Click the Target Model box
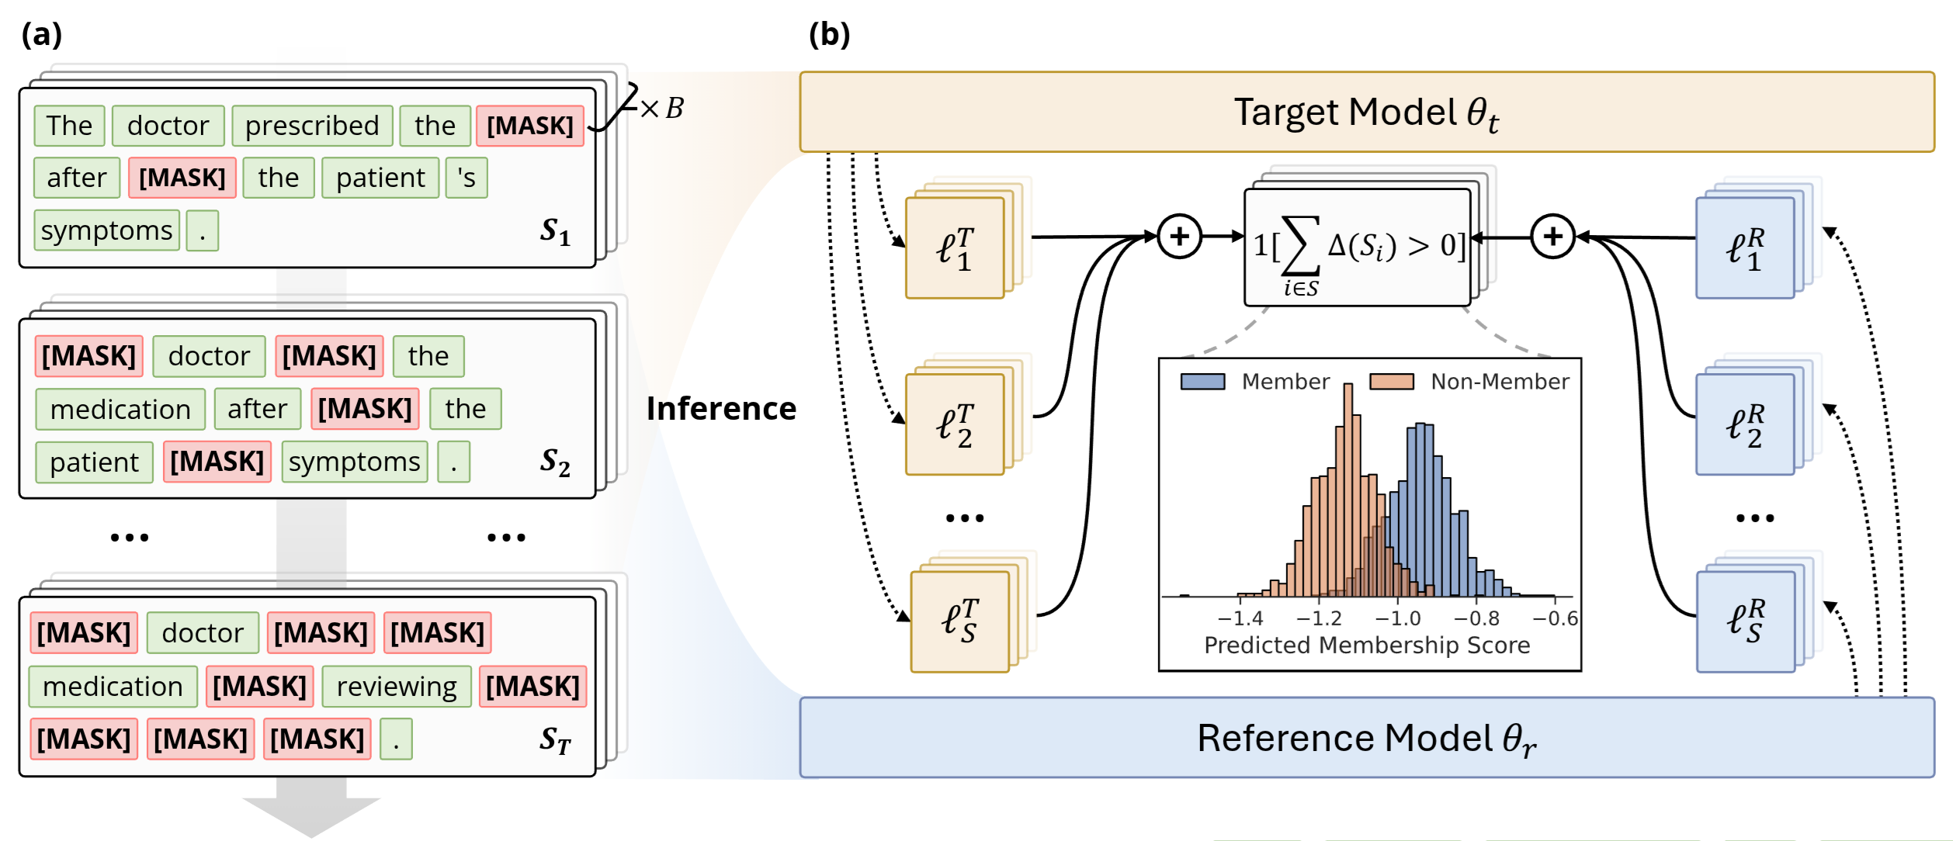(x=1366, y=112)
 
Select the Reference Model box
(x=1366, y=738)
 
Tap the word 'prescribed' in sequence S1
(x=312, y=126)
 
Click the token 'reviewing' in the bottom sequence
(x=397, y=687)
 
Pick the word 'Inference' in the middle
(x=721, y=409)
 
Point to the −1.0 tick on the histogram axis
(x=1398, y=599)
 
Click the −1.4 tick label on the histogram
(x=1240, y=618)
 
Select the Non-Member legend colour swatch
(x=1391, y=382)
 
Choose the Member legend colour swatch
(x=1202, y=382)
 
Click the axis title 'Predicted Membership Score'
(x=1367, y=645)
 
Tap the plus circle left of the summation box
(x=1179, y=237)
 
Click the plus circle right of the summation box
(x=1552, y=237)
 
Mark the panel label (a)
(x=42, y=35)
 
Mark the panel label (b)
(x=829, y=35)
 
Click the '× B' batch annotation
(x=662, y=108)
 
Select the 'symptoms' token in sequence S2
(x=355, y=462)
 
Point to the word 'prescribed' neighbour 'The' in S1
(x=69, y=126)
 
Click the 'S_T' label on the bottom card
(x=555, y=740)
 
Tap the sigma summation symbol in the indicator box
(x=1301, y=245)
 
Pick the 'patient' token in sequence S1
(x=380, y=178)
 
